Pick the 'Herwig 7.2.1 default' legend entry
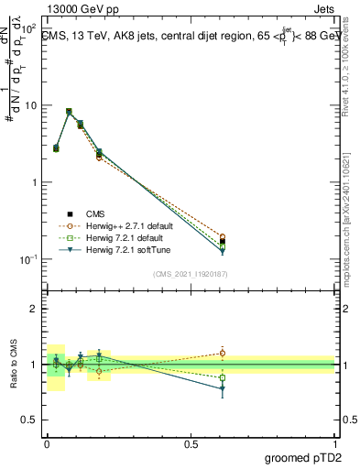tap(117, 237)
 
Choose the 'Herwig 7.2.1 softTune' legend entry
tap(119, 249)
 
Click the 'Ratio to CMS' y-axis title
tap(14, 365)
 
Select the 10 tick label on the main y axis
tap(30, 105)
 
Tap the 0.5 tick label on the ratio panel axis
tap(28, 421)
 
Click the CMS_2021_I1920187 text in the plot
tap(190, 272)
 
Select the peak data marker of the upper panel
tap(69, 112)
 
